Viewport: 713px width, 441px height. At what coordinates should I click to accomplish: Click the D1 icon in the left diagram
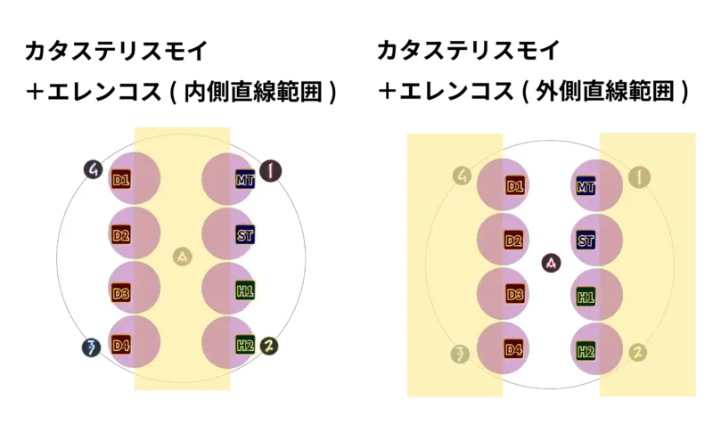coord(121,180)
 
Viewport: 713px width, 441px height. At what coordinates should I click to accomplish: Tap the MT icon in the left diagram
coord(245,180)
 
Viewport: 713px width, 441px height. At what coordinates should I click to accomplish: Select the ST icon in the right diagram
coord(586,241)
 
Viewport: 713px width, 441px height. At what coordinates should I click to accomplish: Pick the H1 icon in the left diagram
coord(245,290)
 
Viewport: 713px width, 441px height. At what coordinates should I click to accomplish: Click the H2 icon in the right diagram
coord(586,351)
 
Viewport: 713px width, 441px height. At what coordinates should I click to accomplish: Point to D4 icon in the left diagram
coord(121,346)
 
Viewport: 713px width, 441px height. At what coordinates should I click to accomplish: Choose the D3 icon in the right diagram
coord(515,295)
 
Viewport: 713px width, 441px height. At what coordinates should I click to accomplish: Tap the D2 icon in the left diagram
coord(121,235)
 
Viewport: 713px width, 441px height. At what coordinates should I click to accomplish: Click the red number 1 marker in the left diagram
coord(271,171)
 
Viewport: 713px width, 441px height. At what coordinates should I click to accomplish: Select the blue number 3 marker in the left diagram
coord(92,347)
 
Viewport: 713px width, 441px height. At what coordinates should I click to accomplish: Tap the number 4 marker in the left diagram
coord(94,169)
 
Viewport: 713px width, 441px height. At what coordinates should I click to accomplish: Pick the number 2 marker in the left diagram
coord(269,346)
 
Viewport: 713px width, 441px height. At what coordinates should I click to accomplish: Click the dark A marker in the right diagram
coord(551,263)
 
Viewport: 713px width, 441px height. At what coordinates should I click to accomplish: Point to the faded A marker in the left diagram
coord(183,257)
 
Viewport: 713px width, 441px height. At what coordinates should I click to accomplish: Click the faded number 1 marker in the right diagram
coord(639,177)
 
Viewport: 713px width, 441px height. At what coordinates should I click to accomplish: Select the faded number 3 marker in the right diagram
coord(460,355)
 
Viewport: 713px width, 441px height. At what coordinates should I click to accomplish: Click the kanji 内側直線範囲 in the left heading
coord(253,92)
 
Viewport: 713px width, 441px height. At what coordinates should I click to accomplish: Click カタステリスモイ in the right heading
coord(469,50)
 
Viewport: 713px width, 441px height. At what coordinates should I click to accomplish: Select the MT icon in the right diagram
coord(586,186)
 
